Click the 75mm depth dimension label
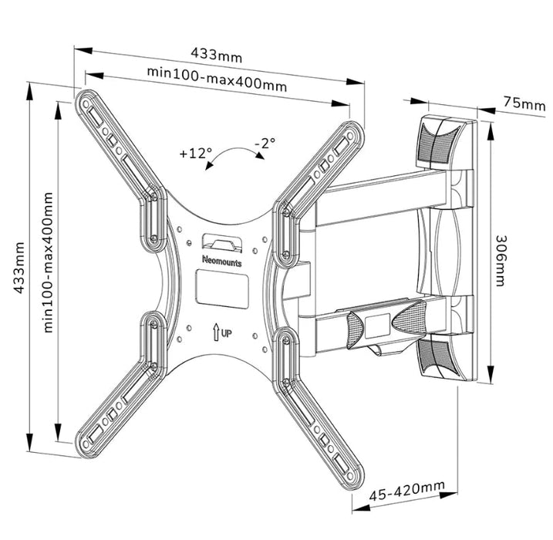[524, 103]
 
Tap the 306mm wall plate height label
[501, 261]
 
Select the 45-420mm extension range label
[406, 491]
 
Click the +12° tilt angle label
[195, 153]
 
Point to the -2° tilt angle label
[265, 143]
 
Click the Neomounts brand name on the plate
[222, 261]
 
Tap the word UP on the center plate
[227, 332]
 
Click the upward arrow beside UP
[215, 332]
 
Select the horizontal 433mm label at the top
[217, 55]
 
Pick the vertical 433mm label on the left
[19, 268]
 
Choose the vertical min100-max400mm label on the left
[48, 262]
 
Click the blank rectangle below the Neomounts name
[222, 287]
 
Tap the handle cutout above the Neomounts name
[222, 244]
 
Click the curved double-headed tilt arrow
[234, 154]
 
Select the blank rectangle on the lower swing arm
[377, 326]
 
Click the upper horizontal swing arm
[383, 199]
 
